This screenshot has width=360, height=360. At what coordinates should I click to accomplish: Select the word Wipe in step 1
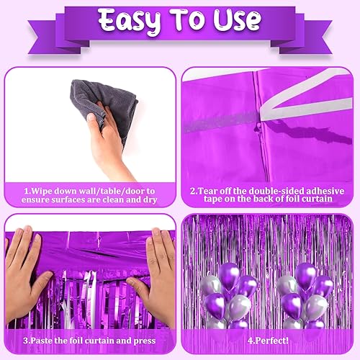(37, 191)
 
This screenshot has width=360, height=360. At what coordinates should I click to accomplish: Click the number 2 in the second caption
(194, 191)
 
